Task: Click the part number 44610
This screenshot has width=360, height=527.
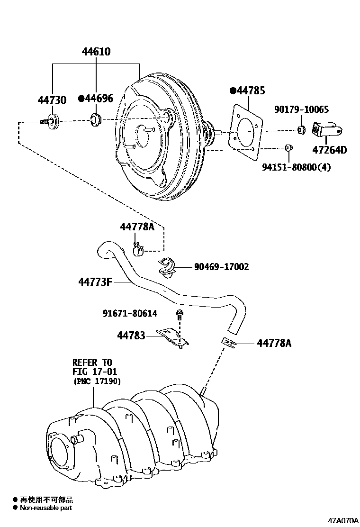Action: pos(96,51)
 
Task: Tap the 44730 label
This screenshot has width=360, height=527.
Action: pos(52,100)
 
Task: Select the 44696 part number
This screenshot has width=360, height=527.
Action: pos(99,99)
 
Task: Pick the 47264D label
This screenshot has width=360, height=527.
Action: pos(329,150)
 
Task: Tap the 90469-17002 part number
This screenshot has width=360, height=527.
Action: pos(221,267)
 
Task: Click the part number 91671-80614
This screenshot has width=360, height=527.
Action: pos(130,313)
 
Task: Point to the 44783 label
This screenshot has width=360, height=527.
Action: pos(131,336)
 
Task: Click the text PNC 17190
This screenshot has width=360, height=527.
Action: pos(97,381)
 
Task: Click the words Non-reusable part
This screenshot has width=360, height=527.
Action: pos(46,508)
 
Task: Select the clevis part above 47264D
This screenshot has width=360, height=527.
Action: pos(324,130)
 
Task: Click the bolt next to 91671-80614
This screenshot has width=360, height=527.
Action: pos(180,313)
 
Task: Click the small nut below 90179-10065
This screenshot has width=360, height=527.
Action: pos(301,130)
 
